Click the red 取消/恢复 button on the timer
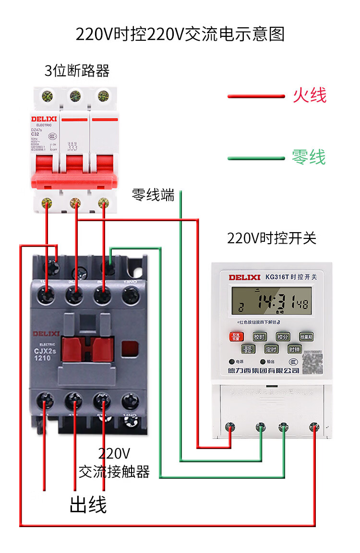pos(236,336)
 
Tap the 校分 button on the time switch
pos(282,337)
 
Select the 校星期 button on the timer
pos(306,337)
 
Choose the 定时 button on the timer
pos(271,349)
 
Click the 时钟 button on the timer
pos(294,349)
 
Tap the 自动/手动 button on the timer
pos(248,349)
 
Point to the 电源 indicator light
pos(232,362)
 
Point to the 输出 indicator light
pos(263,362)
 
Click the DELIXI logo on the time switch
pos(244,277)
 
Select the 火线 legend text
pos(310,95)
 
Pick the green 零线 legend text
pos(309,157)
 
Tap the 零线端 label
pos(153,195)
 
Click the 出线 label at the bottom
pos(88,504)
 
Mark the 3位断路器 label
pos(77,71)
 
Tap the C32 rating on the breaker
pos(36,134)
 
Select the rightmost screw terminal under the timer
pos(314,426)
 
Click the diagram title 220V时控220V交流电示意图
pos(180,35)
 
